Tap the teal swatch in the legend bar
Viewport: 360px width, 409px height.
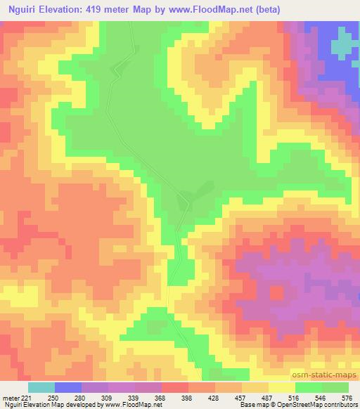41,387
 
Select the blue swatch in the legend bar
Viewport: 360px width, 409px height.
68,387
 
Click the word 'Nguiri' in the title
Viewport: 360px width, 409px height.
19,10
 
